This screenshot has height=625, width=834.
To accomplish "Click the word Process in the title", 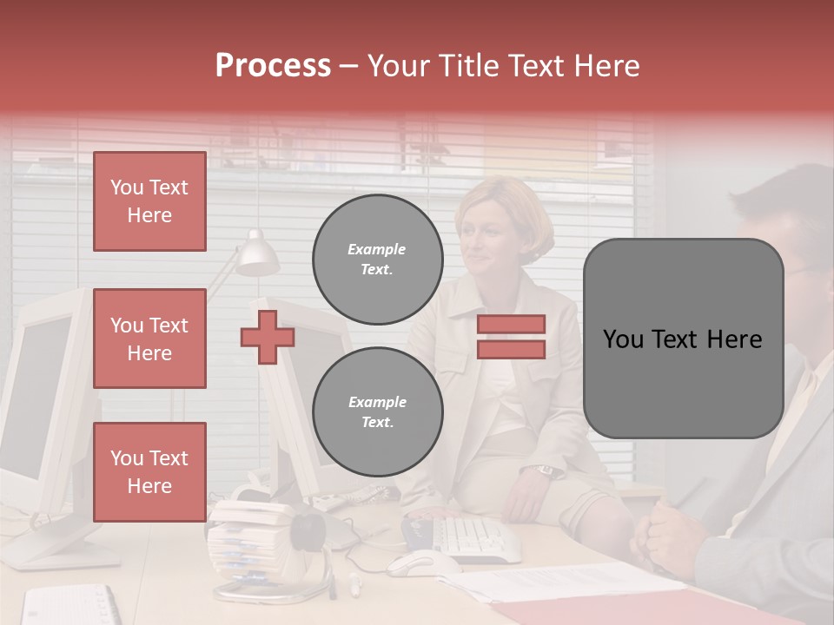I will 273,66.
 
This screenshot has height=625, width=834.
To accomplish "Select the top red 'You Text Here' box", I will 149,201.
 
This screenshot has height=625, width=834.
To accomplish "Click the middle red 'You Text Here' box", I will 149,339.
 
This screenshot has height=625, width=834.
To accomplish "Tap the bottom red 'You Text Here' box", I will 149,471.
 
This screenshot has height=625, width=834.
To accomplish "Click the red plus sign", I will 267,337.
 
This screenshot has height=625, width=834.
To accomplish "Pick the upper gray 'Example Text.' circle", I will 377,259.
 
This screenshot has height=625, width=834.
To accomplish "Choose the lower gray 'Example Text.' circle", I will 377,411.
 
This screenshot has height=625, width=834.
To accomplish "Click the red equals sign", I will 511,337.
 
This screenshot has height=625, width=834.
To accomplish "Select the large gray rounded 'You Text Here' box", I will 683,339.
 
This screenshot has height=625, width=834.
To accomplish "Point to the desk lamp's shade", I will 258,253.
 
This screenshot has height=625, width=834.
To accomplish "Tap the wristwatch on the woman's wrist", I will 546,470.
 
